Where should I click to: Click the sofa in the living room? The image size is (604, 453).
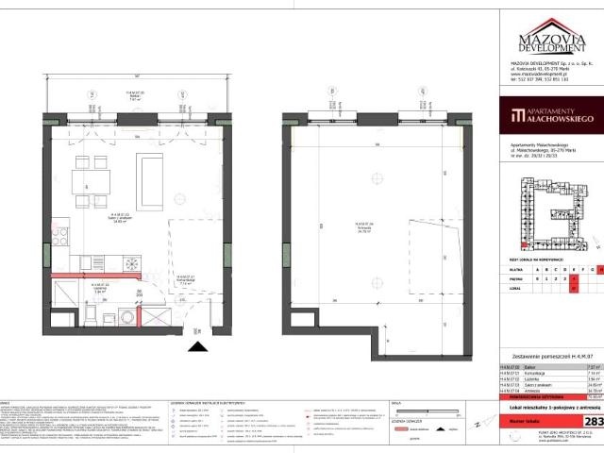click(151, 182)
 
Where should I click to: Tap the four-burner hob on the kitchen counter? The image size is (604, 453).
click(61, 236)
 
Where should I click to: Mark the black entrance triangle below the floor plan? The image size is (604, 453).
click(197, 349)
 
